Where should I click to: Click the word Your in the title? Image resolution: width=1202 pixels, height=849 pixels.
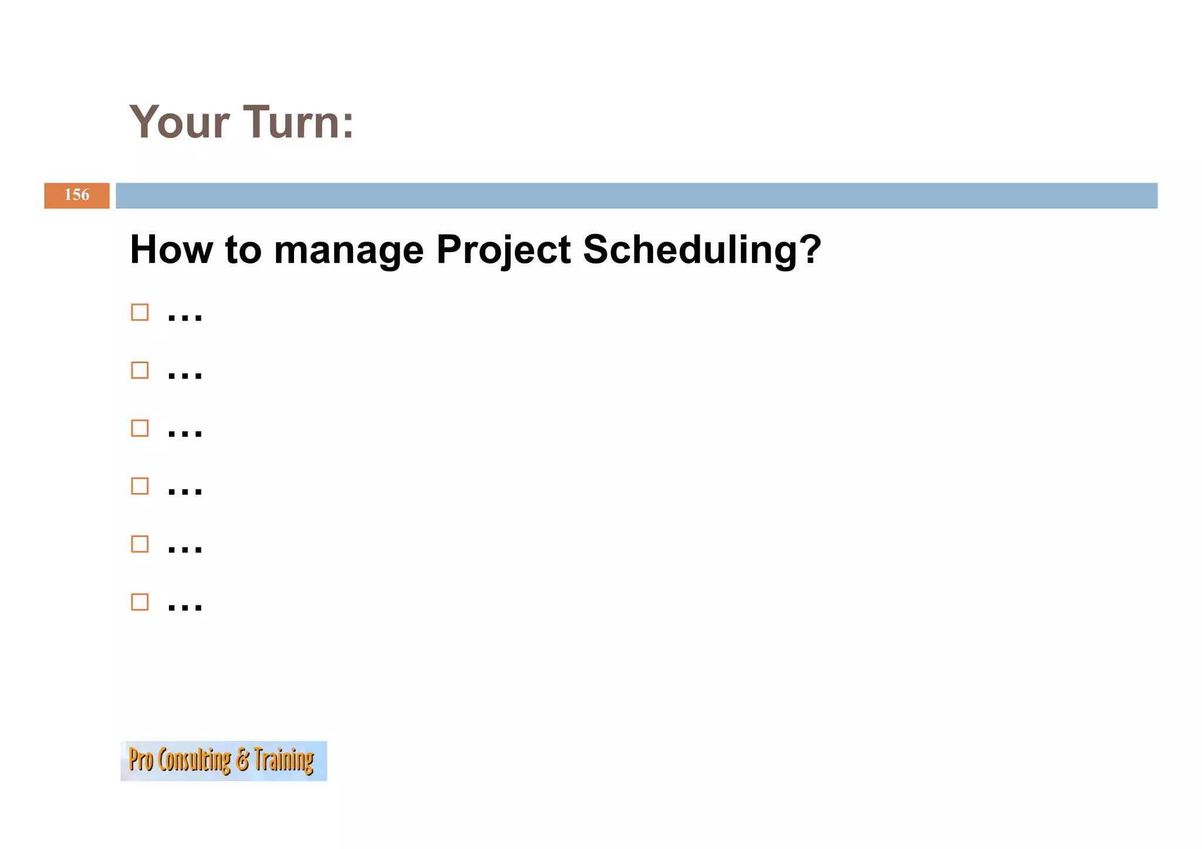pyautogui.click(x=179, y=122)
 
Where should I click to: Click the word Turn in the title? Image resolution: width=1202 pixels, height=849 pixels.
pyautogui.click(x=291, y=122)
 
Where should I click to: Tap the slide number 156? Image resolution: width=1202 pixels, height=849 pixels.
pyautogui.click(x=77, y=195)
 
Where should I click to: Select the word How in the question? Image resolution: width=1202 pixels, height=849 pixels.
pyautogui.click(x=171, y=249)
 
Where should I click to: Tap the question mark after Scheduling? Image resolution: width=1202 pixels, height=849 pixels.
pyautogui.click(x=811, y=249)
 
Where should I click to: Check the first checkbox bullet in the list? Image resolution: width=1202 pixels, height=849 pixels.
pyautogui.click(x=140, y=312)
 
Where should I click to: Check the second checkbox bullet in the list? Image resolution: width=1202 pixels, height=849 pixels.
pyautogui.click(x=140, y=370)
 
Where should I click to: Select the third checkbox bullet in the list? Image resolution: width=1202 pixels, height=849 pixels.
pyautogui.click(x=140, y=428)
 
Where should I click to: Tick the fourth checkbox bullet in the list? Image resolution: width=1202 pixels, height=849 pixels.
pyautogui.click(x=140, y=486)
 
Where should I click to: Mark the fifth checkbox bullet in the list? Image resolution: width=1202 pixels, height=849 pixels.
pyautogui.click(x=140, y=544)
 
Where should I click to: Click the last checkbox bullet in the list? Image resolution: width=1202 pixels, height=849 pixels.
pyautogui.click(x=140, y=602)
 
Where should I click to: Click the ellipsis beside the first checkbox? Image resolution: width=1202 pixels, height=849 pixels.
pyautogui.click(x=185, y=317)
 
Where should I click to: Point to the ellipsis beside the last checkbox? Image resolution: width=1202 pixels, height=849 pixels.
pyautogui.click(x=185, y=607)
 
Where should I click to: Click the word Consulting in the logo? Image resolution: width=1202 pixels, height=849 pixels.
pyautogui.click(x=194, y=760)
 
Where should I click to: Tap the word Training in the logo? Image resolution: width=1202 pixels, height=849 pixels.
pyautogui.click(x=283, y=760)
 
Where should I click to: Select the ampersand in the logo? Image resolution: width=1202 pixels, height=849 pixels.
pyautogui.click(x=242, y=760)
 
